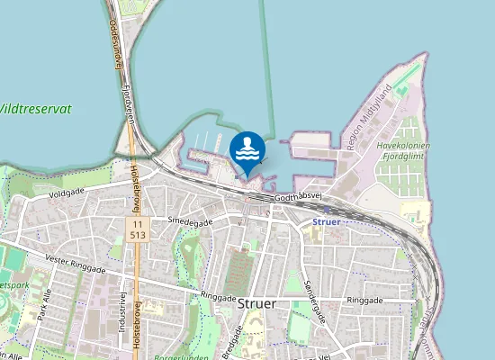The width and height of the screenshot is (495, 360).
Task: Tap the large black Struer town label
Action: [x=257, y=303]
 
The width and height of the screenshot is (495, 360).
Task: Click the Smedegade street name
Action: [x=189, y=221]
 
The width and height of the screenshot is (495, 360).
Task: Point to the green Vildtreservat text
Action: [x=34, y=108]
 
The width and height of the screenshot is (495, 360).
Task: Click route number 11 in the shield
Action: [x=137, y=221]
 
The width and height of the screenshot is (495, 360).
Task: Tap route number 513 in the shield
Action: [x=137, y=233]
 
